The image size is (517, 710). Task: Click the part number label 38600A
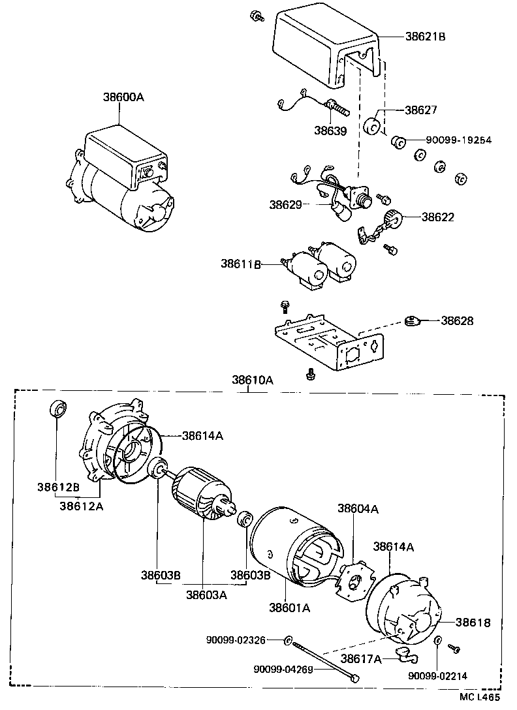coord(123,97)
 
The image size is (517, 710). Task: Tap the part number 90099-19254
coord(458,140)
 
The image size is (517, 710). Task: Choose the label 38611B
coord(241,264)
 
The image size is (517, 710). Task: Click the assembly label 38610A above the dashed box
coord(252,380)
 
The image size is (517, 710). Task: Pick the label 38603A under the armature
coord(206,594)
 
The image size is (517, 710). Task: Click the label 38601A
coord(289,608)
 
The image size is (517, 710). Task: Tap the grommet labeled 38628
coord(412,320)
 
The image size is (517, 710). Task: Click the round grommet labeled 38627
coord(373,126)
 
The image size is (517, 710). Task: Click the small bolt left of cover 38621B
coord(257,15)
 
